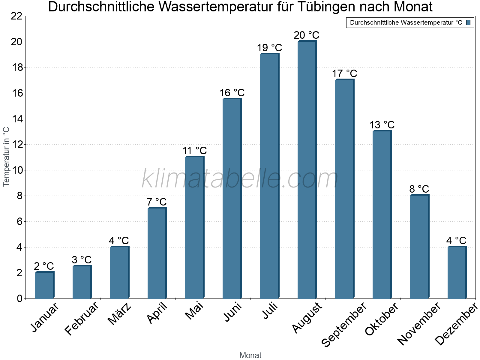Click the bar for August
(307, 169)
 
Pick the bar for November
(419, 247)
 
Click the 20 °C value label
(306, 35)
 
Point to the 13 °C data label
(382, 125)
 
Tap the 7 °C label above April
(157, 202)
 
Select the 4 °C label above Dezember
(456, 241)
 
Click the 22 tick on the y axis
(17, 16)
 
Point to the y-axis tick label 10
(17, 170)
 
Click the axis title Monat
(250, 355)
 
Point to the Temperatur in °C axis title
(6, 157)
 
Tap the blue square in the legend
(469, 22)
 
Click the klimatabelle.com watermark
(240, 179)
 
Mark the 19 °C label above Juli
(269, 48)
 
